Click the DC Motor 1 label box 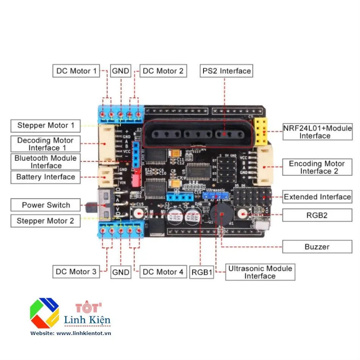[x=76, y=71]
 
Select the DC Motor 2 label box [x=163, y=71]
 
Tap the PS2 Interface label [x=226, y=71]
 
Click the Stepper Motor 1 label [x=45, y=125]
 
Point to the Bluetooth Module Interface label [x=45, y=162]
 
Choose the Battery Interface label [x=45, y=177]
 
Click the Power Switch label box [x=45, y=205]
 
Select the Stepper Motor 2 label [x=45, y=221]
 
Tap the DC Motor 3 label [x=76, y=272]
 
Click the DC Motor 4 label [x=163, y=272]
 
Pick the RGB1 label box [x=202, y=272]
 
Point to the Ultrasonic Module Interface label [x=260, y=272]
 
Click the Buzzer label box [x=317, y=247]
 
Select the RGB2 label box [x=317, y=215]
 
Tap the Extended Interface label [x=317, y=197]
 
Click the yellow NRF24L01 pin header [x=261, y=132]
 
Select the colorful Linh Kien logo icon [x=44, y=313]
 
